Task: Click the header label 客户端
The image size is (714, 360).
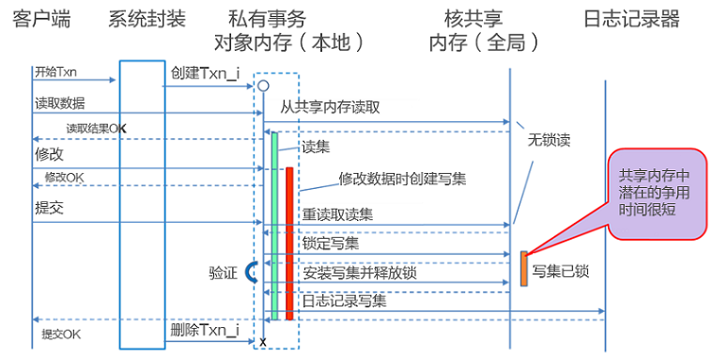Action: [41, 20]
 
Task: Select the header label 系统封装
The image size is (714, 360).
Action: [147, 20]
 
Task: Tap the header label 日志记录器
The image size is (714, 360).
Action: [631, 20]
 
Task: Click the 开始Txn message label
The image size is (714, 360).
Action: [55, 72]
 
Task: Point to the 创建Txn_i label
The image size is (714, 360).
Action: [206, 73]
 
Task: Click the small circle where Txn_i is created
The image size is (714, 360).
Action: [263, 86]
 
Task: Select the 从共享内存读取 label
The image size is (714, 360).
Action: [330, 107]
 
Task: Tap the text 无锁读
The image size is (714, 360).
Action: [549, 140]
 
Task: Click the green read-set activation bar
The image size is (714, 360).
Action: [274, 226]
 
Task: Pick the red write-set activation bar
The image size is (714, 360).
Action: [289, 243]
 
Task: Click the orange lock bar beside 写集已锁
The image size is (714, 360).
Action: [524, 269]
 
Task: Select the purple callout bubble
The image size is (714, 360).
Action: [658, 194]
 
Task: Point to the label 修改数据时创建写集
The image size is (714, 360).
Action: [402, 179]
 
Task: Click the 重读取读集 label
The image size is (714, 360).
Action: [337, 214]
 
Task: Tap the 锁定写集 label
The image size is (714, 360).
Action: [331, 243]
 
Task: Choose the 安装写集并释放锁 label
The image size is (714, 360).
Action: [360, 273]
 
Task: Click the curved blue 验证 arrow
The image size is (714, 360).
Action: [249, 272]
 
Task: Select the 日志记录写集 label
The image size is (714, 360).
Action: [344, 301]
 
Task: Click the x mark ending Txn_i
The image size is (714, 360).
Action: [263, 342]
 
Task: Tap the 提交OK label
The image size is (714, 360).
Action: [61, 335]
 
